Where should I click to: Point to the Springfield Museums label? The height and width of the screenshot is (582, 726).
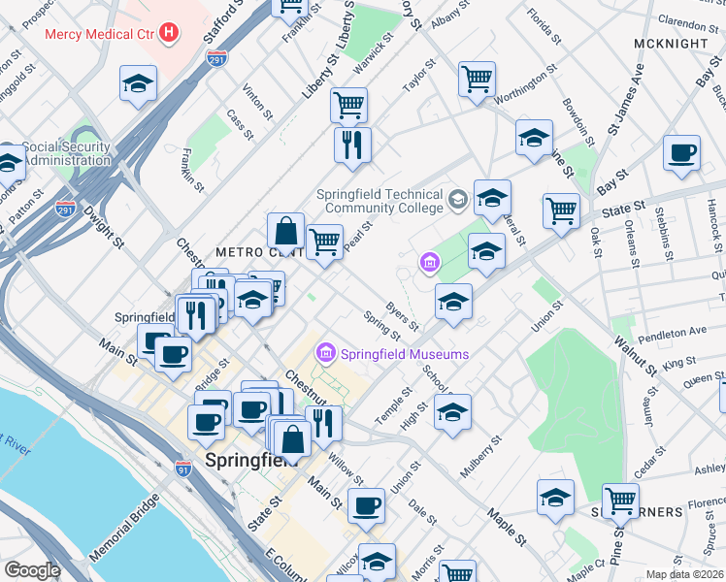(405, 354)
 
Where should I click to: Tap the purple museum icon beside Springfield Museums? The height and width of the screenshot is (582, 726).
(327, 351)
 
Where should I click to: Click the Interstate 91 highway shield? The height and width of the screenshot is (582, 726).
(184, 469)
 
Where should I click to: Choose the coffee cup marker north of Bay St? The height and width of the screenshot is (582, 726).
(681, 153)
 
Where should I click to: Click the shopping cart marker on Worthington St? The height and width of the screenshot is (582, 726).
(477, 80)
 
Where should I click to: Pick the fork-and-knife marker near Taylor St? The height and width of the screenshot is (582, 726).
(351, 145)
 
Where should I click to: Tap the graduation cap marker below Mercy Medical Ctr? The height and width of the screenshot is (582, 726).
(138, 84)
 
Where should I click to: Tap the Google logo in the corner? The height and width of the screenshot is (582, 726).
(32, 571)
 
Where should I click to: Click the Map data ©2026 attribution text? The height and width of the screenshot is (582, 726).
(684, 574)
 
